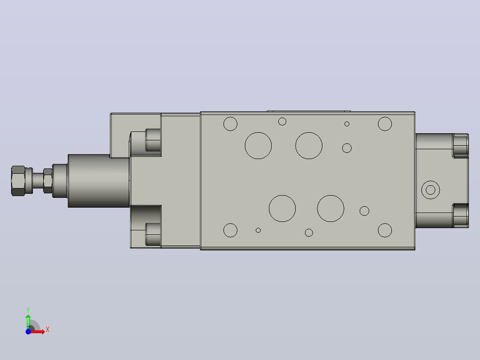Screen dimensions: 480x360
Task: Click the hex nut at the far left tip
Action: click(18, 181)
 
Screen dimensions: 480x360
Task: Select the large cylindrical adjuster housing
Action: click(98, 181)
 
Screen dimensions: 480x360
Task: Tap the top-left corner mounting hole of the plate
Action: click(231, 124)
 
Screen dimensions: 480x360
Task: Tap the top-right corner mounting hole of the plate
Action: click(385, 124)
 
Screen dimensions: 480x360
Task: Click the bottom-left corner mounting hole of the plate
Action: click(231, 230)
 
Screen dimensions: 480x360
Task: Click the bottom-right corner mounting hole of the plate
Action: click(385, 230)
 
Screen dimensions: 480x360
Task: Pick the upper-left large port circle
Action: click(258, 146)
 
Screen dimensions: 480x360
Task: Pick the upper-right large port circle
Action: click(309, 146)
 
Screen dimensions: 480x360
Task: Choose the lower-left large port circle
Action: click(282, 209)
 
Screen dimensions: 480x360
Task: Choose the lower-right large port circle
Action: click(330, 209)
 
